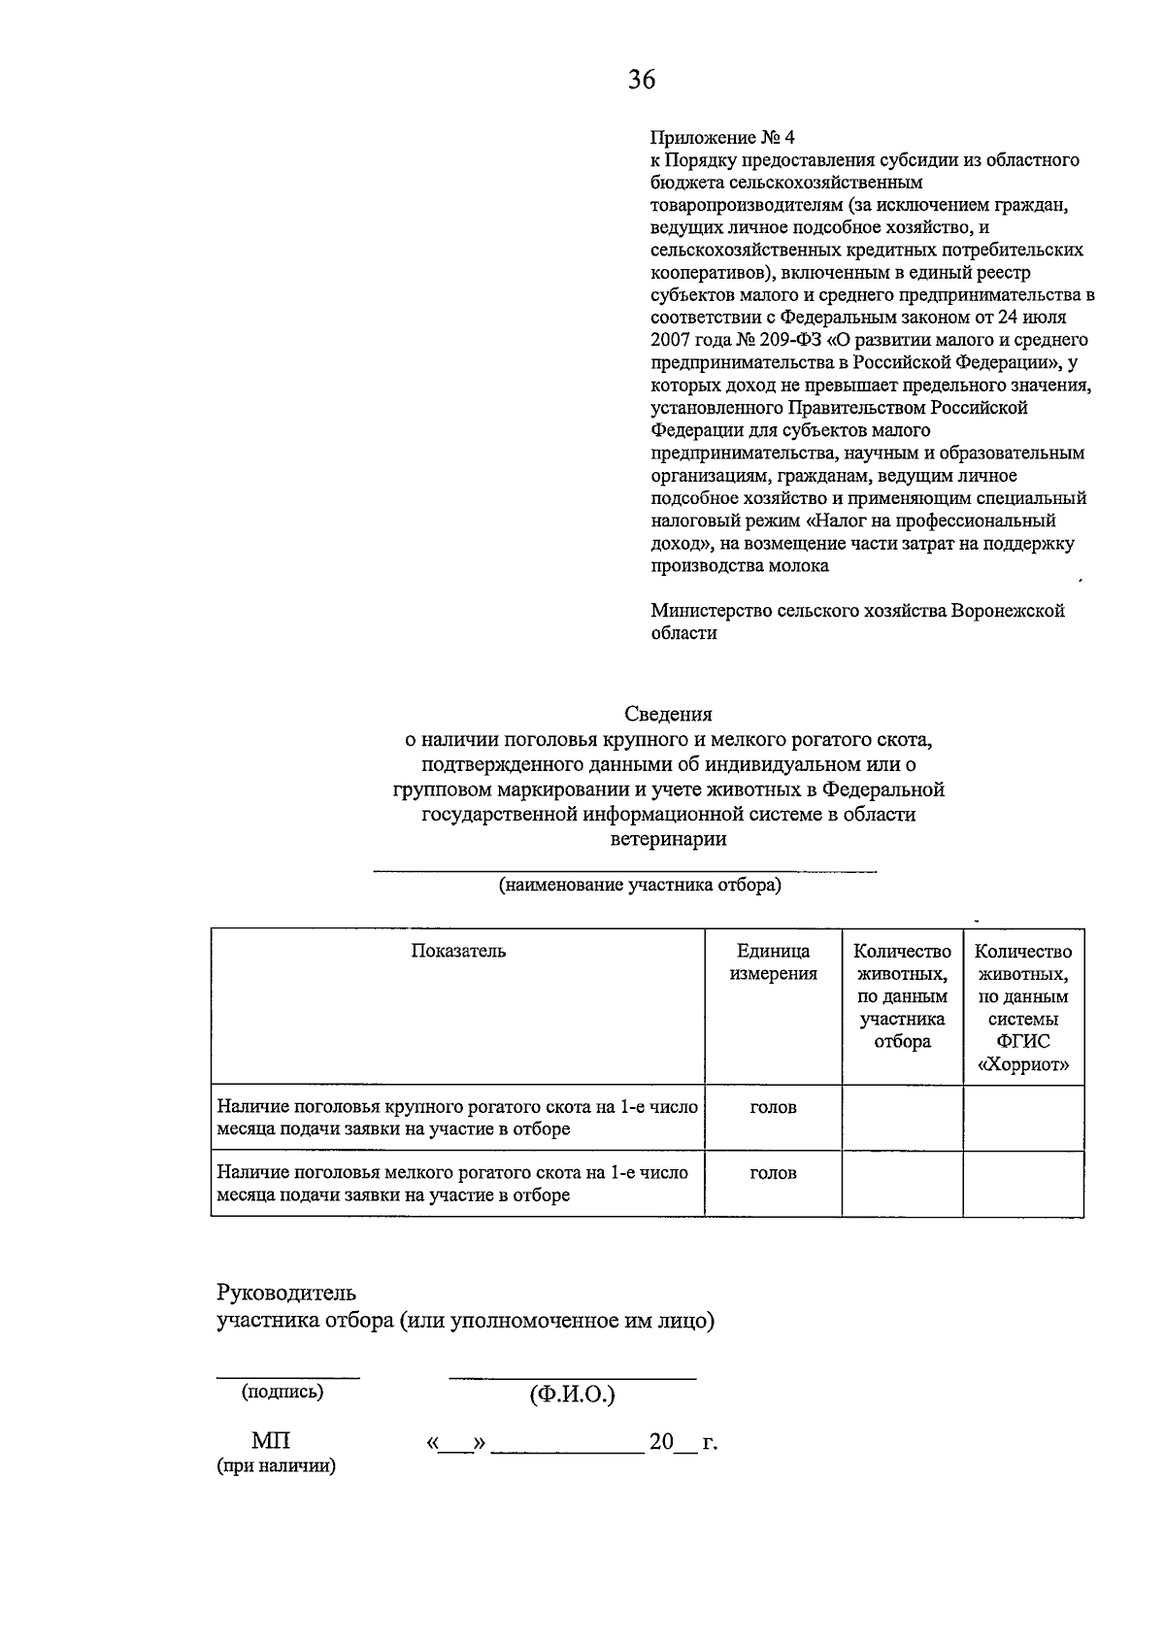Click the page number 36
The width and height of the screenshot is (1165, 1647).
tap(641, 80)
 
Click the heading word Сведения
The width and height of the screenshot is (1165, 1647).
tap(668, 715)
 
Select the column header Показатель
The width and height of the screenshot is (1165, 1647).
tap(458, 951)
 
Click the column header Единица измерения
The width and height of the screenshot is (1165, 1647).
tap(773, 962)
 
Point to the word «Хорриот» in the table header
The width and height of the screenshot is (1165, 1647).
tap(1023, 1064)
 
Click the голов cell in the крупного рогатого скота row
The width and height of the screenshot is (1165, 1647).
tap(773, 1107)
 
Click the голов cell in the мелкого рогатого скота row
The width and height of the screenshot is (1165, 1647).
tap(773, 1173)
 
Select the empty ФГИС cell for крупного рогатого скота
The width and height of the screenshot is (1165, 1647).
tap(1023, 1118)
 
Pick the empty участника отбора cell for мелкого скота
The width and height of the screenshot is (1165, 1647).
tap(902, 1184)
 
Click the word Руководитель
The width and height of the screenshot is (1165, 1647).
tap(285, 1294)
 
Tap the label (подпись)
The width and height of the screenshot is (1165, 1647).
tap(283, 1392)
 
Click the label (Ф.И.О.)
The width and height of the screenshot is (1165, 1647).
tap(572, 1395)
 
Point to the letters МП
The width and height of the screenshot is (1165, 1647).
tap(271, 1441)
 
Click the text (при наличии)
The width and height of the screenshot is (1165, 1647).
tap(276, 1466)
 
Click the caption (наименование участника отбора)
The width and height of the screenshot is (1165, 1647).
tap(639, 886)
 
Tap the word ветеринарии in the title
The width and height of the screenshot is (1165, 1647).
tap(668, 839)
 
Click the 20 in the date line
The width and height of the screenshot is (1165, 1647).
tap(661, 1442)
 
